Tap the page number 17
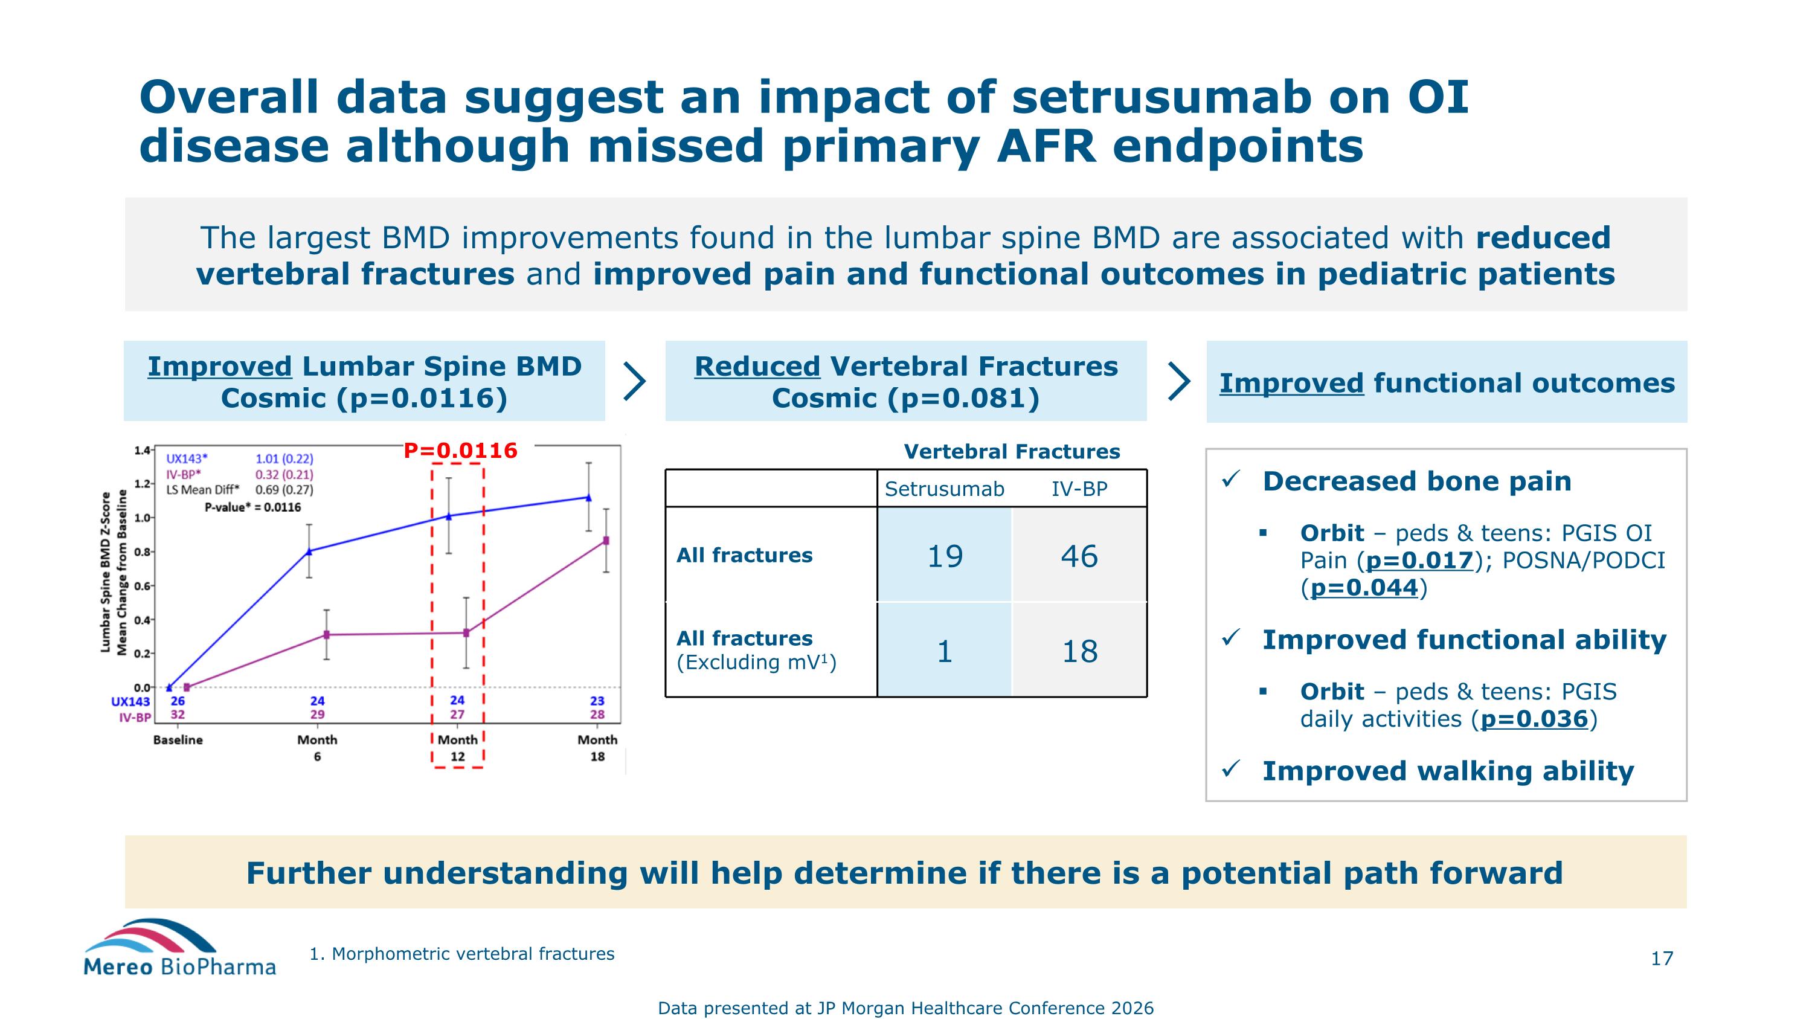[1662, 959]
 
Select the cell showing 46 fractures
[1079, 556]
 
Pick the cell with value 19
[944, 556]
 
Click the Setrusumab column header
[944, 489]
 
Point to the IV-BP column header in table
[1079, 489]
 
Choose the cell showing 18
[1079, 651]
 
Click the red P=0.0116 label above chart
[460, 451]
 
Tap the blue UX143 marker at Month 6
[309, 551]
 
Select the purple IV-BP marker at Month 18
[606, 541]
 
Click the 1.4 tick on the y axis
[142, 450]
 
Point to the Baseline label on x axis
[178, 740]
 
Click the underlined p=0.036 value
[1534, 719]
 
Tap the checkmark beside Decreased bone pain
[1230, 480]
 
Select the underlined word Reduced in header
[757, 367]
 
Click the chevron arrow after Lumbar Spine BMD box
[634, 382]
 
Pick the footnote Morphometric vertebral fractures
[462, 954]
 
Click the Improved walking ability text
[1448, 771]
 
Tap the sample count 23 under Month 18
[597, 701]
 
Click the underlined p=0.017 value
[1419, 561]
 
